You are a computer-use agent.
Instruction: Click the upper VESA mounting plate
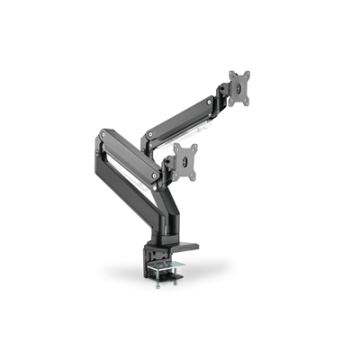point(238,88)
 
